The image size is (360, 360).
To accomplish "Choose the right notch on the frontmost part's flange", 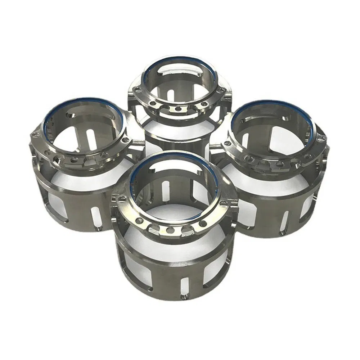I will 186,229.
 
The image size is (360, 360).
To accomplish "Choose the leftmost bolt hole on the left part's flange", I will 36,135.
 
